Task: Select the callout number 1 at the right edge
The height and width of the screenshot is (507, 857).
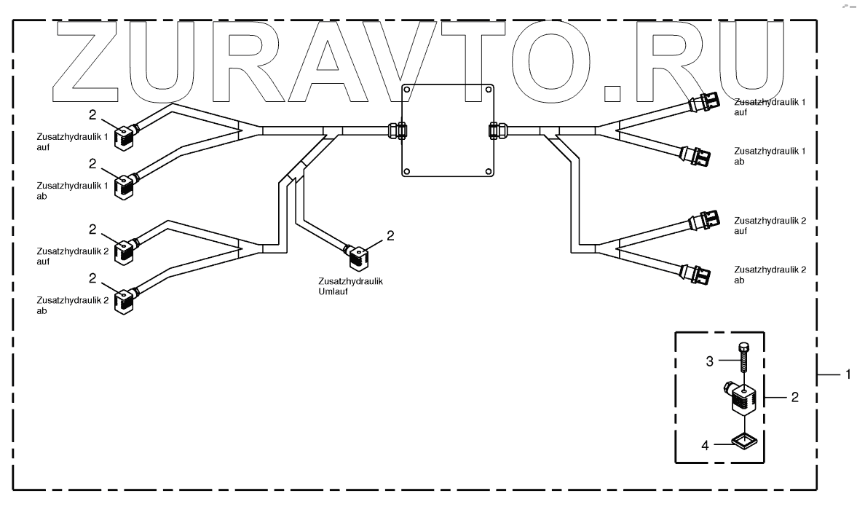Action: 847,374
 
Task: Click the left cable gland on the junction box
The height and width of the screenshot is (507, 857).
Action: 398,131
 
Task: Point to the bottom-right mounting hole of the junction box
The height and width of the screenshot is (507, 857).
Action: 484,171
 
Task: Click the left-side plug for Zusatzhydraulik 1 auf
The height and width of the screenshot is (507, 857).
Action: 124,136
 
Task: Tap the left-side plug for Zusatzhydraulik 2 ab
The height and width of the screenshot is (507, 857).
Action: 125,300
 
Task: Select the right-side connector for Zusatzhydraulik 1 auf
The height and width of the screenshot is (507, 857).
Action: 704,101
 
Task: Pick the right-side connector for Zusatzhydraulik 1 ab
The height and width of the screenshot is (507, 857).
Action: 697,155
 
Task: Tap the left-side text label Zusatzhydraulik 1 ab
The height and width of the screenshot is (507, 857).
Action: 71,191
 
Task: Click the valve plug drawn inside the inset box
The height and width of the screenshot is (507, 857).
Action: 743,397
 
